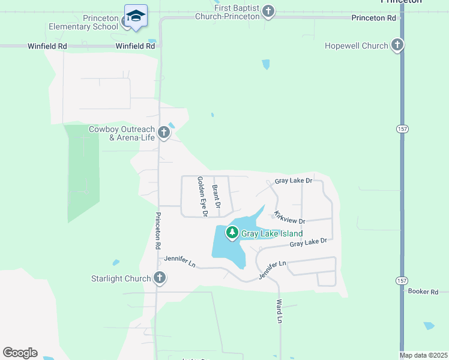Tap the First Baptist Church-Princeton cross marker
tap(268, 11)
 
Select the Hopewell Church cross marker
tap(397, 45)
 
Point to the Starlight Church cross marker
tap(159, 277)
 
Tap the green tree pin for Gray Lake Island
tap(232, 232)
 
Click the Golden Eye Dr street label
tap(202, 197)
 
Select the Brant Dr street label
tap(216, 197)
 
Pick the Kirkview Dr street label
tap(289, 217)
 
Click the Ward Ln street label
tap(279, 311)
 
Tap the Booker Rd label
tap(423, 292)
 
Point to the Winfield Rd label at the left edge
tap(46, 46)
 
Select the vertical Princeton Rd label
tap(157, 230)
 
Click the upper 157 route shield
tap(402, 128)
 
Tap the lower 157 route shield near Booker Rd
tap(402, 280)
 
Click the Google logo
tap(20, 353)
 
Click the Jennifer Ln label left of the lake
tap(179, 262)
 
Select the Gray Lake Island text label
tap(272, 233)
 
